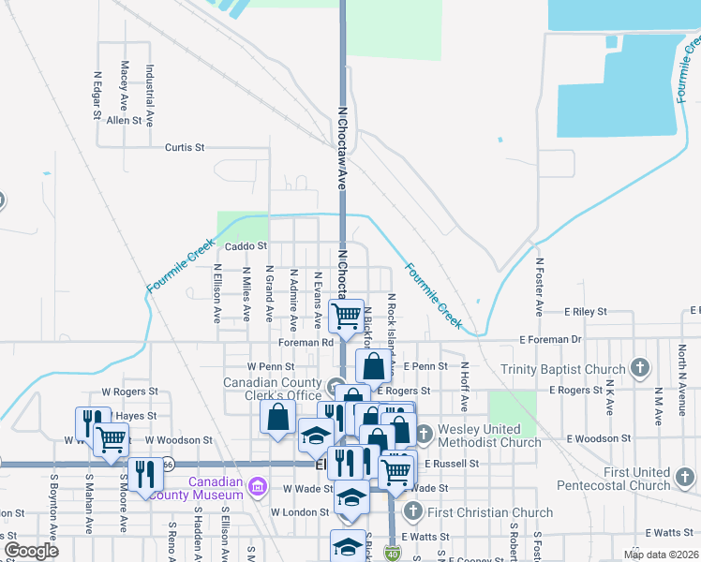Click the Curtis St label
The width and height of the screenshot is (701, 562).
tap(184, 147)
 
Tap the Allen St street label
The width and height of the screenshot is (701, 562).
tap(124, 120)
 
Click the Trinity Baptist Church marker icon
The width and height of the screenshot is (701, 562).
tap(640, 366)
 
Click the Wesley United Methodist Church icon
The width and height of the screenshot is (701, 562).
tap(423, 434)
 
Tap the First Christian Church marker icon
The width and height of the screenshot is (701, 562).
tap(413, 511)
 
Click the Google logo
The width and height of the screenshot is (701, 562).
tap(31, 551)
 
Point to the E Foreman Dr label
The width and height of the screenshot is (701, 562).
tap(552, 340)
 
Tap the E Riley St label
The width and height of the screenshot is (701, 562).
tap(586, 310)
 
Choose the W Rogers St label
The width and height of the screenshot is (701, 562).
tap(130, 392)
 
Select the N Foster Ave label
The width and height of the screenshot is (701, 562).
tap(539, 287)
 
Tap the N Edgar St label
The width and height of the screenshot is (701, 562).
tap(97, 96)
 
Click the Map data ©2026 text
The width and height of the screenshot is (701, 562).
tap(660, 555)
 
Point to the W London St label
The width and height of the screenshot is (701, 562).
tap(300, 512)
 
